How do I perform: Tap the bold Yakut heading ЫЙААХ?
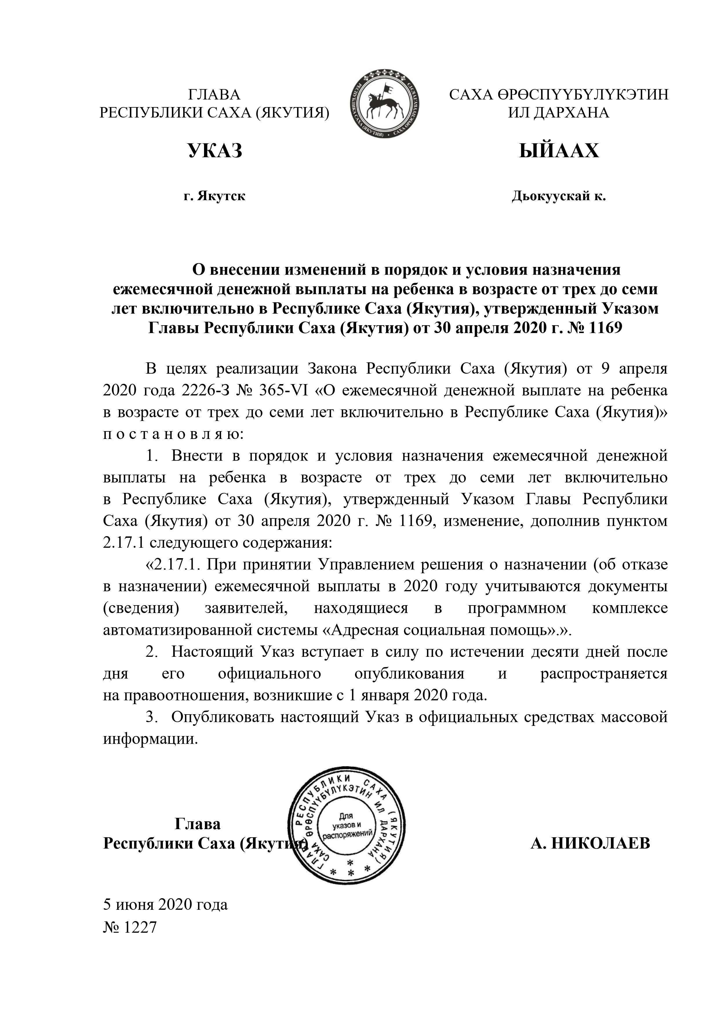(x=559, y=151)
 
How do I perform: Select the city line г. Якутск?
(x=214, y=196)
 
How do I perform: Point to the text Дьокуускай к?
(x=559, y=196)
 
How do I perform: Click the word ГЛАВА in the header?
(x=214, y=95)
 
